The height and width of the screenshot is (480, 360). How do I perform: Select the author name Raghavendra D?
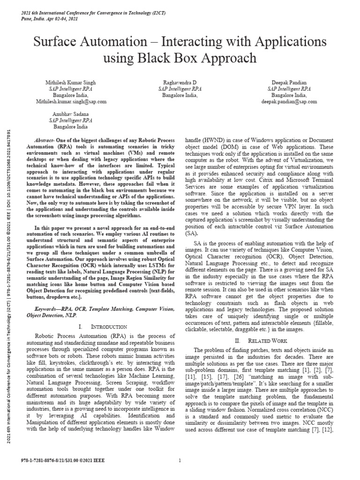(x=180, y=82)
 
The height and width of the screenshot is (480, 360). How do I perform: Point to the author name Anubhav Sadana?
(x=71, y=113)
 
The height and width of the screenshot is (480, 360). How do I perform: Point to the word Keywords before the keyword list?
(x=49, y=310)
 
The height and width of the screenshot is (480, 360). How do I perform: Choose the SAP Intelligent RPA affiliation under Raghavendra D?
(x=180, y=88)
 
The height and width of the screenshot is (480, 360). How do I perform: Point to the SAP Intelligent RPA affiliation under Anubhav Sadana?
(x=71, y=120)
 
